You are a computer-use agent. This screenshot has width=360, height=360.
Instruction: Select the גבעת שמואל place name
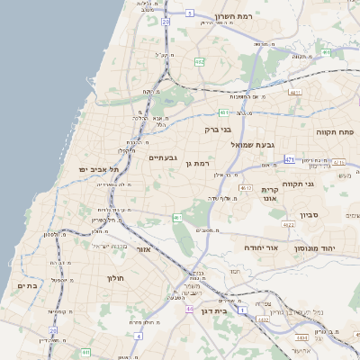(x=264, y=144)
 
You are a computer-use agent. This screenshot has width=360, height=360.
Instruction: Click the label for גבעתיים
(x=164, y=157)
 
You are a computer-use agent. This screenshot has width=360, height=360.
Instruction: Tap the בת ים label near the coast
(x=28, y=285)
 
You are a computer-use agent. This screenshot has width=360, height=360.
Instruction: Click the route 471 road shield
(x=289, y=159)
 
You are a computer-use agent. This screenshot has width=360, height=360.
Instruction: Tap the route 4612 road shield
(x=245, y=186)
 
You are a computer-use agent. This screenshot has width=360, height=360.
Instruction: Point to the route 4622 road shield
(x=290, y=226)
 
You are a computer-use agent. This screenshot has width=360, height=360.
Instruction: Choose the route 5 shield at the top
(x=190, y=13)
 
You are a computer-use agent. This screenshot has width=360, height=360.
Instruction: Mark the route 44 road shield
(x=189, y=309)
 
